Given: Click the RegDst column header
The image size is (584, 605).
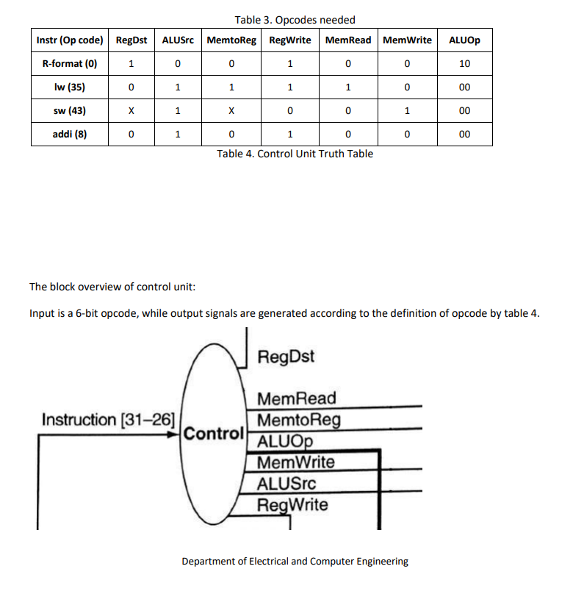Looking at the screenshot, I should [x=131, y=40].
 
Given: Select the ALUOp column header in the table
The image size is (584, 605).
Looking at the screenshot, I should [x=464, y=40].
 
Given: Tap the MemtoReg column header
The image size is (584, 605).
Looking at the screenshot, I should [x=231, y=40].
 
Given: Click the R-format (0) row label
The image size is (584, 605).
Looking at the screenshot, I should [x=70, y=63].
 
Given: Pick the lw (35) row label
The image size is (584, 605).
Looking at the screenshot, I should [x=70, y=87].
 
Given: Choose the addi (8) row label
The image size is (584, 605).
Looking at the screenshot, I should [x=70, y=135].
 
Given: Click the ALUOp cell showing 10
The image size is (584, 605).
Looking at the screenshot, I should [x=464, y=63].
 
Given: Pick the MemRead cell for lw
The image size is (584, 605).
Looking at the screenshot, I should [x=348, y=87].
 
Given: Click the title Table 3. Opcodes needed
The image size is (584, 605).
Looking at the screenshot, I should [x=295, y=19].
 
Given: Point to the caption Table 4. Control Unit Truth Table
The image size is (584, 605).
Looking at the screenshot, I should [x=295, y=154].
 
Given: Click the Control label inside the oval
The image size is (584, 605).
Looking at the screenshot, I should [x=213, y=433].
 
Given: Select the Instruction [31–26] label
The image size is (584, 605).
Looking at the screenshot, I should [x=108, y=420].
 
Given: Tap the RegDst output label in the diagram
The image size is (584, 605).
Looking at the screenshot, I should [x=286, y=357].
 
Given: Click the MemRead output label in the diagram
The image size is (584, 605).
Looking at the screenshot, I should [x=297, y=398].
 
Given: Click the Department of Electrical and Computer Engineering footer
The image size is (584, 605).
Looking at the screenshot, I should [x=295, y=562].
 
